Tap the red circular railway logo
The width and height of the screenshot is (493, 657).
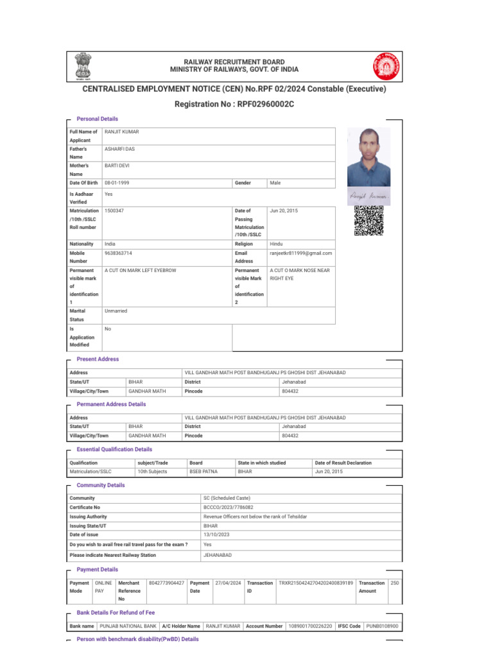(386, 66)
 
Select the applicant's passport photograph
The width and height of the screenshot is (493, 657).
(368, 157)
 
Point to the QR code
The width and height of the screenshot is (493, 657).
(368, 220)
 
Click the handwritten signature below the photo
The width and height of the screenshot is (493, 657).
(368, 194)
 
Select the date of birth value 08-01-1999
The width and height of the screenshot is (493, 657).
(117, 183)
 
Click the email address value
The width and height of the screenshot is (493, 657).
(300, 253)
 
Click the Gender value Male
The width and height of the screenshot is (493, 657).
(275, 183)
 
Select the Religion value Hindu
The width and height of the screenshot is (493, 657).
(276, 244)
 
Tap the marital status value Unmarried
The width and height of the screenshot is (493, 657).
(116, 311)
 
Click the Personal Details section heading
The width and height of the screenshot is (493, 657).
(98, 119)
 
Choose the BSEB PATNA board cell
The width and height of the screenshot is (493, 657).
(203, 471)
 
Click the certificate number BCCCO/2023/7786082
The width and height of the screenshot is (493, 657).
(223, 507)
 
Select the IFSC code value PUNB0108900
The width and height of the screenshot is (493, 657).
(382, 626)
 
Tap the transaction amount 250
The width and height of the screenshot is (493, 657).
(395, 583)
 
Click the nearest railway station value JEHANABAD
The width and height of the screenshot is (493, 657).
(218, 554)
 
